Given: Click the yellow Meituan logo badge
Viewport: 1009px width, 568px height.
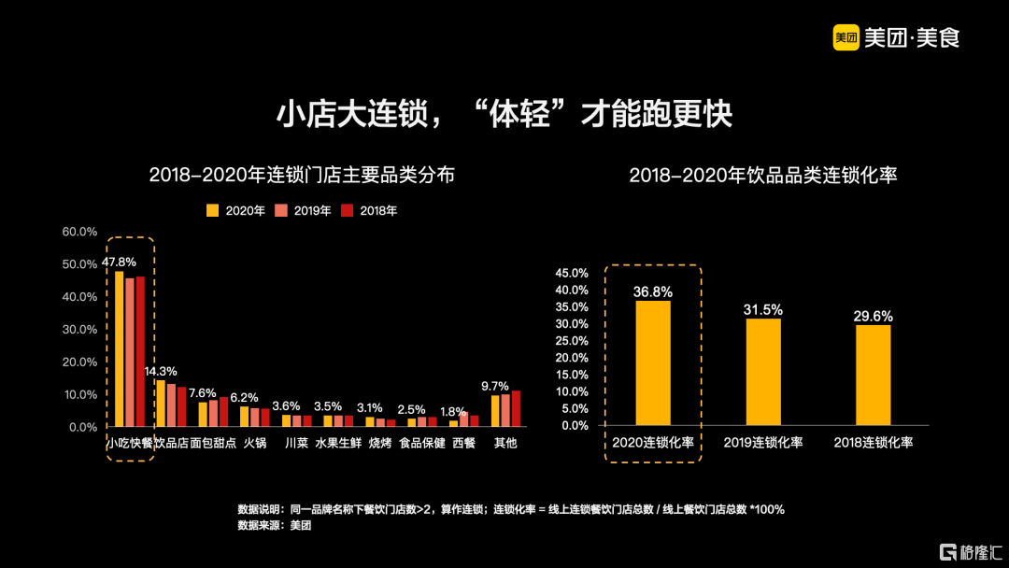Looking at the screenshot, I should click(x=846, y=37).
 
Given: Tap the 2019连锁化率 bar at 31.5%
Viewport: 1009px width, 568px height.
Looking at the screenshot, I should click(x=763, y=372).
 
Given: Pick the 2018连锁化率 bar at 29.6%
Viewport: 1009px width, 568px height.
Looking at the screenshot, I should click(x=873, y=375).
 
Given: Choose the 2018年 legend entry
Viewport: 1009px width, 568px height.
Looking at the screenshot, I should click(x=372, y=211).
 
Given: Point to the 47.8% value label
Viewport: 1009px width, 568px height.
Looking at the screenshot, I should click(x=119, y=263).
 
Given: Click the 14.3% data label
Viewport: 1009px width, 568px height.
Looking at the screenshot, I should click(x=160, y=371).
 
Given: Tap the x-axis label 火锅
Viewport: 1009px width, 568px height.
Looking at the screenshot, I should click(x=254, y=443).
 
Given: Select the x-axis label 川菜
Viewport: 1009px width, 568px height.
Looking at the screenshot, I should click(x=295, y=443).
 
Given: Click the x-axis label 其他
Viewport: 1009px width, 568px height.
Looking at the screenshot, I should click(x=505, y=443).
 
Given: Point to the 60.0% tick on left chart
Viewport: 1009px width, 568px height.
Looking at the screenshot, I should click(x=79, y=232).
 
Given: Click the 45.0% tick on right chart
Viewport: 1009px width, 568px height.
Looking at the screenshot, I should click(x=572, y=274).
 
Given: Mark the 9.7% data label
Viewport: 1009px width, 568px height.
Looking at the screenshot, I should click(x=495, y=386).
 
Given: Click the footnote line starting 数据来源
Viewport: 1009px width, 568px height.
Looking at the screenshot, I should click(x=275, y=525).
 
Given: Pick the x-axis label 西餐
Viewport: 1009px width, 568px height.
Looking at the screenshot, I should click(x=463, y=443).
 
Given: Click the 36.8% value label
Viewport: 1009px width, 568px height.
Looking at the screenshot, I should click(x=653, y=291).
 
